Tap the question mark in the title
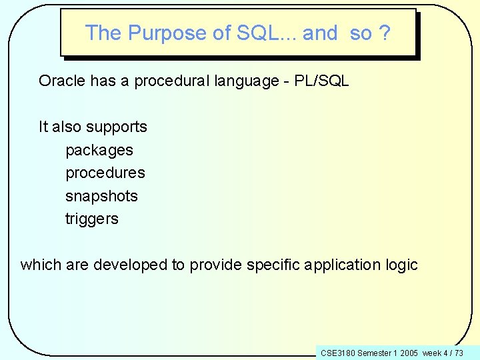click(385, 33)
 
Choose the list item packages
click(99, 151)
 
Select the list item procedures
click(105, 173)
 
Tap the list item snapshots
click(101, 196)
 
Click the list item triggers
click(92, 219)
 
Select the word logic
click(401, 265)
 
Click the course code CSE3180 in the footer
click(337, 352)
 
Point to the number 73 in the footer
click(459, 352)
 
